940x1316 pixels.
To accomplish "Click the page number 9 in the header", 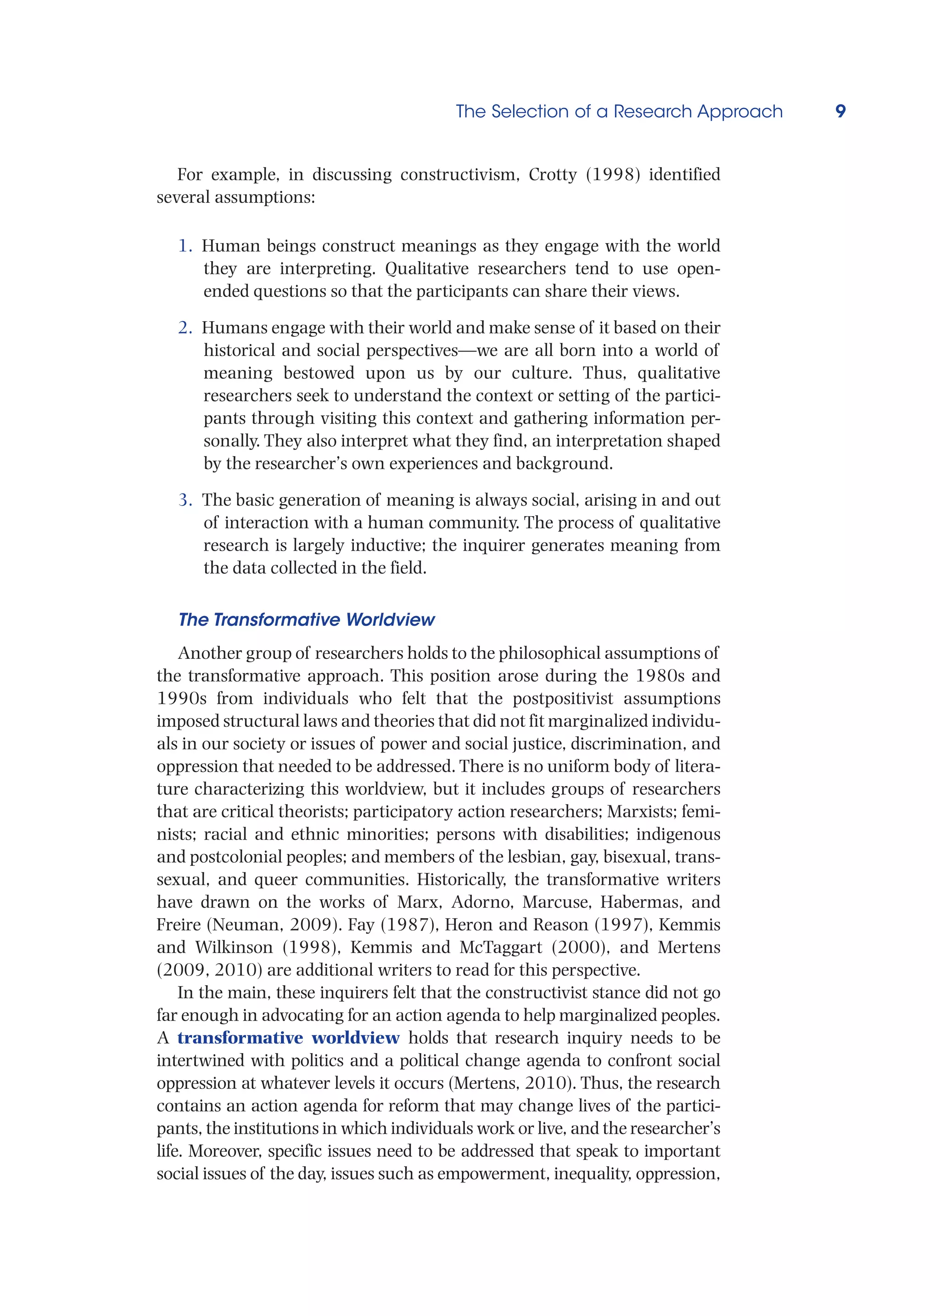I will click(x=840, y=111).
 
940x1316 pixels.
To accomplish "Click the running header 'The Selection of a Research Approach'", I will click(x=619, y=111).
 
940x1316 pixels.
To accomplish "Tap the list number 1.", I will click(x=185, y=246).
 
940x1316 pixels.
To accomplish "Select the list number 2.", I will click(x=185, y=328).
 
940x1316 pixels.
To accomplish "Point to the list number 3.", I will click(x=185, y=500).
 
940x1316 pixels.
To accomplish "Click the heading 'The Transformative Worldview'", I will click(x=306, y=620).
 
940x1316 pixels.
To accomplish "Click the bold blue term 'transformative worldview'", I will click(x=288, y=1037).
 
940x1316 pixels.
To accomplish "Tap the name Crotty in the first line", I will click(x=552, y=175).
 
